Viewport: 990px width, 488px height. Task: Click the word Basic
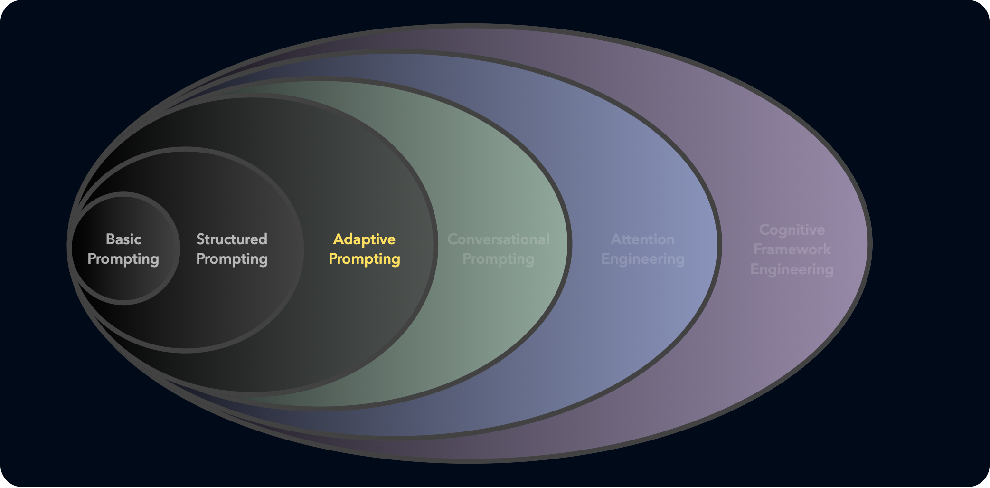tap(123, 239)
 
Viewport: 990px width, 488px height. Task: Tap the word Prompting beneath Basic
tap(123, 259)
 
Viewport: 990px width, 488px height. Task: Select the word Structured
tap(232, 239)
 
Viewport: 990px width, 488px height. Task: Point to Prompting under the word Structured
tap(232, 259)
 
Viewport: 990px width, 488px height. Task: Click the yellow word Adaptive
tap(364, 239)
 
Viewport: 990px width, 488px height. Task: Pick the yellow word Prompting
tap(364, 259)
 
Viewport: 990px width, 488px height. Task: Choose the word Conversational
tap(499, 239)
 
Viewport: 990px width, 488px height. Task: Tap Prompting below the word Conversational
tap(499, 259)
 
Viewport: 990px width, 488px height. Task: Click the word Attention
tap(643, 239)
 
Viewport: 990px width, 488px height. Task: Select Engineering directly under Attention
tap(643, 259)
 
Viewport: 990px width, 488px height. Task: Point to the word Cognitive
tap(792, 230)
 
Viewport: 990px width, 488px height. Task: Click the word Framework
tap(792, 249)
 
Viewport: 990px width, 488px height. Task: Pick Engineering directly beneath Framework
tap(792, 269)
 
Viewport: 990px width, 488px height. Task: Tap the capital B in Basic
tap(110, 239)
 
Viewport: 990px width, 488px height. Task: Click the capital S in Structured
tap(200, 239)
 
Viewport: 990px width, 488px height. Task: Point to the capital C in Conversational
tap(453, 239)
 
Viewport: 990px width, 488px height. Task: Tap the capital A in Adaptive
tap(339, 239)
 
